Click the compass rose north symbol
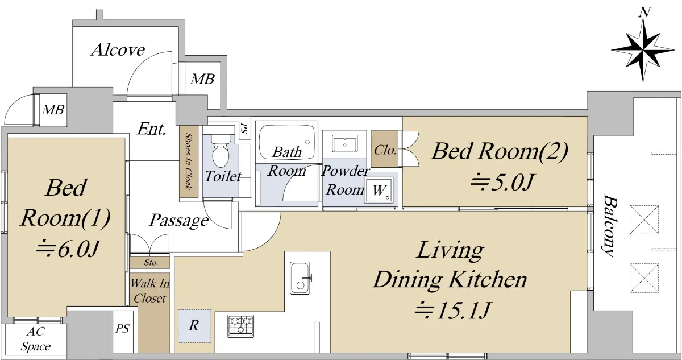[x=643, y=49]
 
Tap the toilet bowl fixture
[x=220, y=151]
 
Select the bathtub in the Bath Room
[x=286, y=141]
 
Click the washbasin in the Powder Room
[x=344, y=143]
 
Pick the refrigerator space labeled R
[x=194, y=326]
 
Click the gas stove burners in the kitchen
[x=240, y=326]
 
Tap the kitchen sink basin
[x=300, y=278]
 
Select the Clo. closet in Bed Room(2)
[x=385, y=149]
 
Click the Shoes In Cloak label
[x=189, y=162]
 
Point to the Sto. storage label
[x=151, y=263]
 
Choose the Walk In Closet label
[x=150, y=291]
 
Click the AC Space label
[x=36, y=339]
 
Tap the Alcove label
[x=118, y=50]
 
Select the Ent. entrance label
[x=152, y=129]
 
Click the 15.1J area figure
[x=452, y=311]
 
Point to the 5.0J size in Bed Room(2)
[x=502, y=183]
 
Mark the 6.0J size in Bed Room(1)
[x=68, y=249]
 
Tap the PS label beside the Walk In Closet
[x=122, y=329]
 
